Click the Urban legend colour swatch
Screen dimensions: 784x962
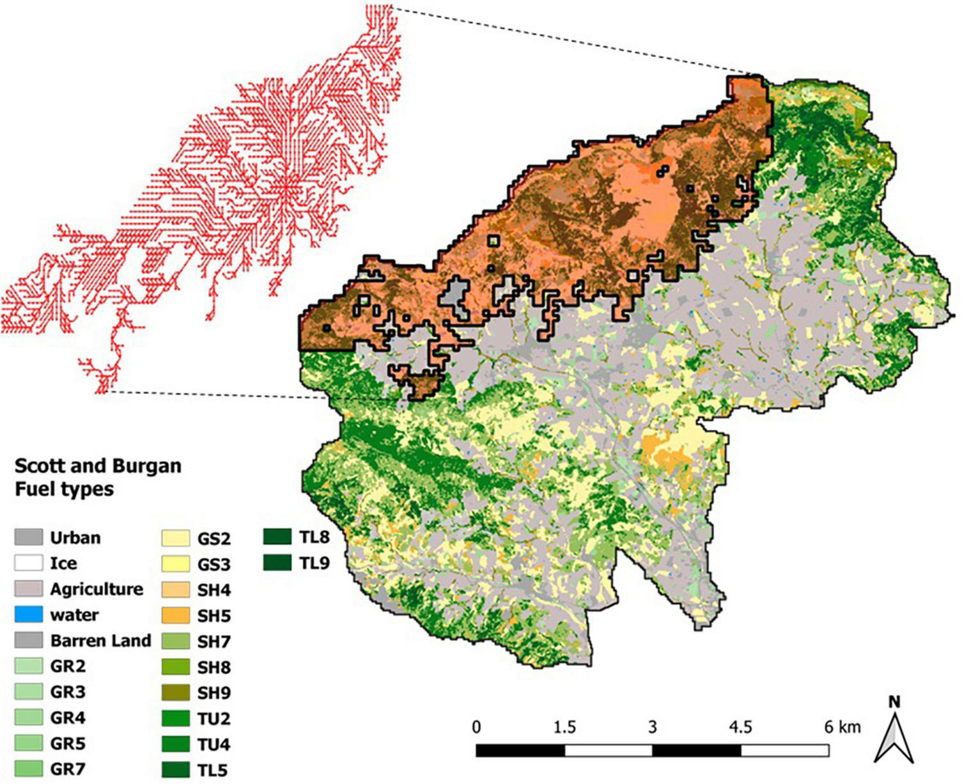coord(29,537)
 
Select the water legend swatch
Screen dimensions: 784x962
coord(29,615)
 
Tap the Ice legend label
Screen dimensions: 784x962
coord(64,563)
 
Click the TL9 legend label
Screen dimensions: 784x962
coord(314,563)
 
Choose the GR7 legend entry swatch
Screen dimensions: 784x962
coord(29,769)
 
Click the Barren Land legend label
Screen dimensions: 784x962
coord(101,641)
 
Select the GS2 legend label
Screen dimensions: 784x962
coord(213,538)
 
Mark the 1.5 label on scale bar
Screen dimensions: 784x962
coord(565,728)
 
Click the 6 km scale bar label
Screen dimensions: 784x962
coord(842,728)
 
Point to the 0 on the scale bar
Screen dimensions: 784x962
coord(477,728)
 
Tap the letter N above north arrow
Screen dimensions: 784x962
coord(895,702)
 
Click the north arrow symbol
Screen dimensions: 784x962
coord(895,739)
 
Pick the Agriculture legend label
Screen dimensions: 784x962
coord(97,589)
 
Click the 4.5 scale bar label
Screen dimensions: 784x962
coord(741,728)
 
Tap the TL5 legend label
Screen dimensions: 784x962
coord(212,770)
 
